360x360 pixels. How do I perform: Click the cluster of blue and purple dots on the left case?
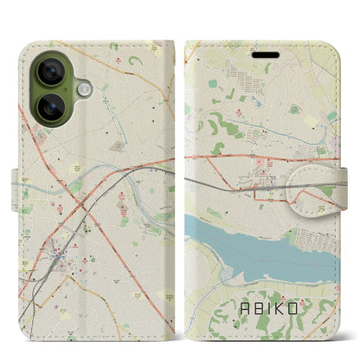(x=57, y=259)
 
